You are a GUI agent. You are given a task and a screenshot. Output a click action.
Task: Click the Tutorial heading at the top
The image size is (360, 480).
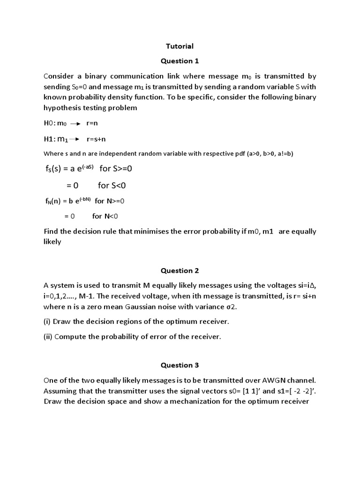pyautogui.click(x=180, y=46)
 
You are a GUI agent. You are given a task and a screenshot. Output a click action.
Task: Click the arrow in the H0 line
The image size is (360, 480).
pyautogui.click(x=76, y=124)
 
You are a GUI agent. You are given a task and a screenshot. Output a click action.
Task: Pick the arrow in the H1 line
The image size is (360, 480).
pyautogui.click(x=75, y=139)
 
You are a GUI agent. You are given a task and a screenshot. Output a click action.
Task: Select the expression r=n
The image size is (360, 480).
pyautogui.click(x=92, y=123)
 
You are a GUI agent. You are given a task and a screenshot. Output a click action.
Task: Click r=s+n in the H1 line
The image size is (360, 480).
pyautogui.click(x=96, y=139)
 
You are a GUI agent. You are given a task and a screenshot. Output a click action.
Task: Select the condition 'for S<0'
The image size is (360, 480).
pyautogui.click(x=112, y=186)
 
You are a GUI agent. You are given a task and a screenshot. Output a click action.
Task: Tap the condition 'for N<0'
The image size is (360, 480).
pyautogui.click(x=105, y=216)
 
